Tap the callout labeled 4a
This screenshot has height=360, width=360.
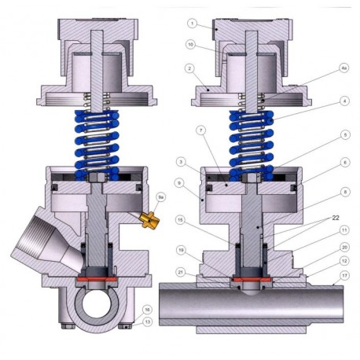[x=344, y=68]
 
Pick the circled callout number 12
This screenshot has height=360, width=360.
[x=344, y=261]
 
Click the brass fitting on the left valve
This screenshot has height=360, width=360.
[x=146, y=214]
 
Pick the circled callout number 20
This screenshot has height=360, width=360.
[x=344, y=245]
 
